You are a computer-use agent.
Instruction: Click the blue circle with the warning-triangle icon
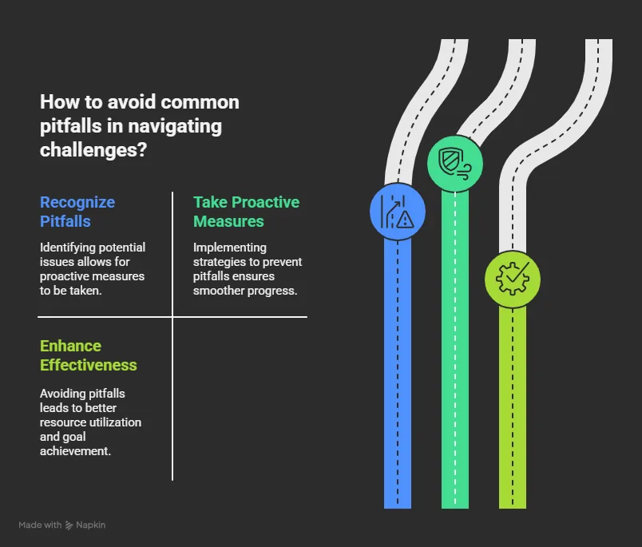[x=398, y=212]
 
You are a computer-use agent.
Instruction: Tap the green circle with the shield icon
[x=455, y=164]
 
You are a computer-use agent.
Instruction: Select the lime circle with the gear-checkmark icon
[x=513, y=279]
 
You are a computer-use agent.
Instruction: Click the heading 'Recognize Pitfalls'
[x=77, y=212]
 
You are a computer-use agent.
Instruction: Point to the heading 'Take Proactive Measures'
[x=246, y=212]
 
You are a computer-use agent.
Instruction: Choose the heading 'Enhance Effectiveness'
[x=89, y=355]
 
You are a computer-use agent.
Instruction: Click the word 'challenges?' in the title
[x=93, y=150]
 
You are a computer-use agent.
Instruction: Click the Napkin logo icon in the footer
[x=69, y=525]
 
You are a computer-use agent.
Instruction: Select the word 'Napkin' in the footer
[x=90, y=525]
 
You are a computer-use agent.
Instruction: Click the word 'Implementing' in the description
[x=230, y=248]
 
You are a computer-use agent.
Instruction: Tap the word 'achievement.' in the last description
[x=75, y=451]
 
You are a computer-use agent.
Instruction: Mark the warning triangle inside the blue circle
[x=406, y=220]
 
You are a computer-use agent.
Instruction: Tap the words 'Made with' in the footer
[x=40, y=525]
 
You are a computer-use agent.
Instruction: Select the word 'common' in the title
[x=200, y=102]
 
